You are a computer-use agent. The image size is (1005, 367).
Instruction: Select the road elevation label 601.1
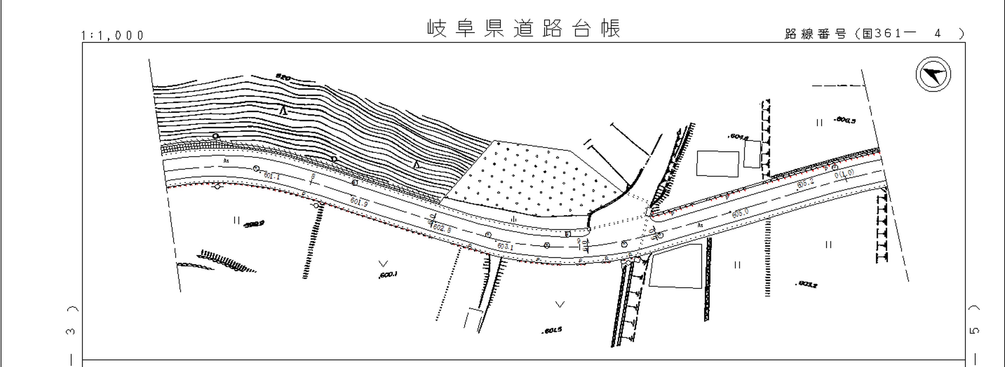coord(272,176)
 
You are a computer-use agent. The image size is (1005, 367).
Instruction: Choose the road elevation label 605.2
coord(805,183)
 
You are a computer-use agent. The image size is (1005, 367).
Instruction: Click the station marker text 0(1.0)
coord(844,174)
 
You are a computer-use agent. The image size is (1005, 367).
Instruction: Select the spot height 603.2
coord(807,284)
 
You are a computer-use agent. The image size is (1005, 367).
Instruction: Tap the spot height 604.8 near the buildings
coord(738,137)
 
